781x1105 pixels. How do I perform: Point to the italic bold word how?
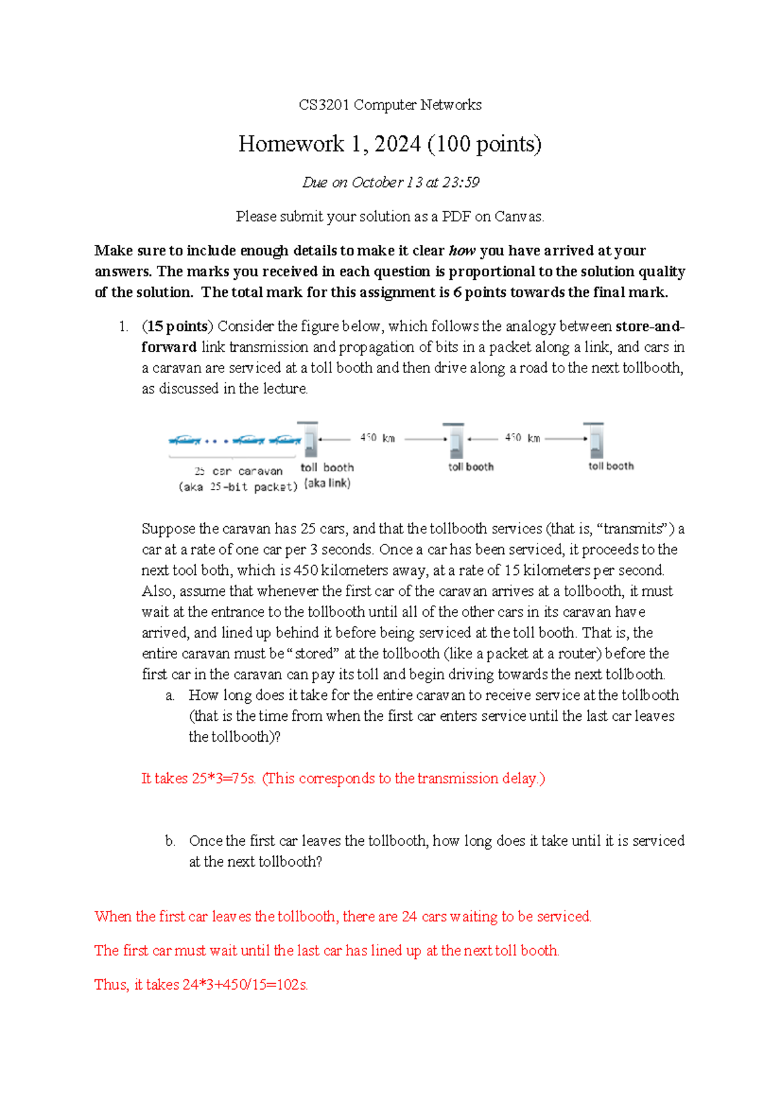click(462, 251)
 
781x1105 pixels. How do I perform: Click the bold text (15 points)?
click(177, 326)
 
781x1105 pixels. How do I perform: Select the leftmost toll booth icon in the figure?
click(309, 441)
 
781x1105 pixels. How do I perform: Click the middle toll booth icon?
click(454, 441)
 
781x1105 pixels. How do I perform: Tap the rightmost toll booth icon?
click(595, 441)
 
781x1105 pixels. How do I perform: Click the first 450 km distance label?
click(377, 438)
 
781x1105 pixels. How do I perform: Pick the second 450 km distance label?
click(523, 438)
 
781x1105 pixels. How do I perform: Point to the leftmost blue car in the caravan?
click(184, 441)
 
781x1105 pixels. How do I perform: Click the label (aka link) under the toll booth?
click(327, 483)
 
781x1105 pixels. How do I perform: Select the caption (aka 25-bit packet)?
click(238, 487)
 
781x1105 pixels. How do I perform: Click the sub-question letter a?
click(170, 696)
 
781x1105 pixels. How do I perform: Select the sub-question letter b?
click(170, 841)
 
